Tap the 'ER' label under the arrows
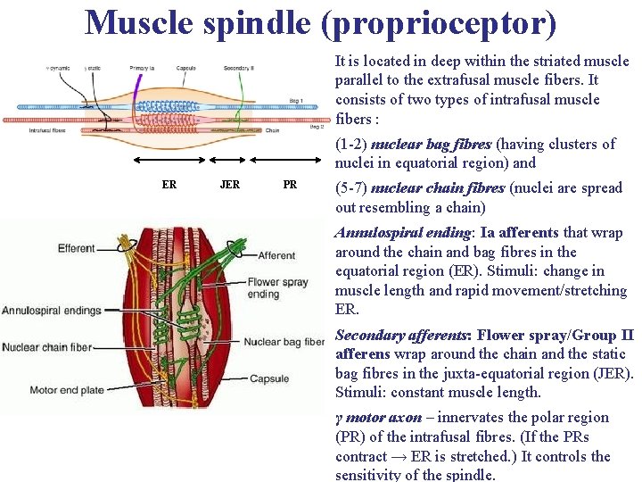pyautogui.click(x=169, y=185)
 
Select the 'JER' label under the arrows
pyautogui.click(x=229, y=185)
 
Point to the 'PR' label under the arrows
pyautogui.click(x=290, y=185)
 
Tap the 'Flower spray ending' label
pyautogui.click(x=278, y=287)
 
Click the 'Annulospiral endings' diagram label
pyautogui.click(x=52, y=311)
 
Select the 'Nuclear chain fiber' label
pyautogui.click(x=59, y=347)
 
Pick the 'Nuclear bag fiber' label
pyautogui.click(x=284, y=341)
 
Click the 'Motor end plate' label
pyautogui.click(x=69, y=390)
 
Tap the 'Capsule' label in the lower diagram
pyautogui.click(x=269, y=378)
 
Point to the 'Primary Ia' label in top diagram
pyautogui.click(x=142, y=68)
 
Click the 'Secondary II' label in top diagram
pyautogui.click(x=240, y=68)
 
